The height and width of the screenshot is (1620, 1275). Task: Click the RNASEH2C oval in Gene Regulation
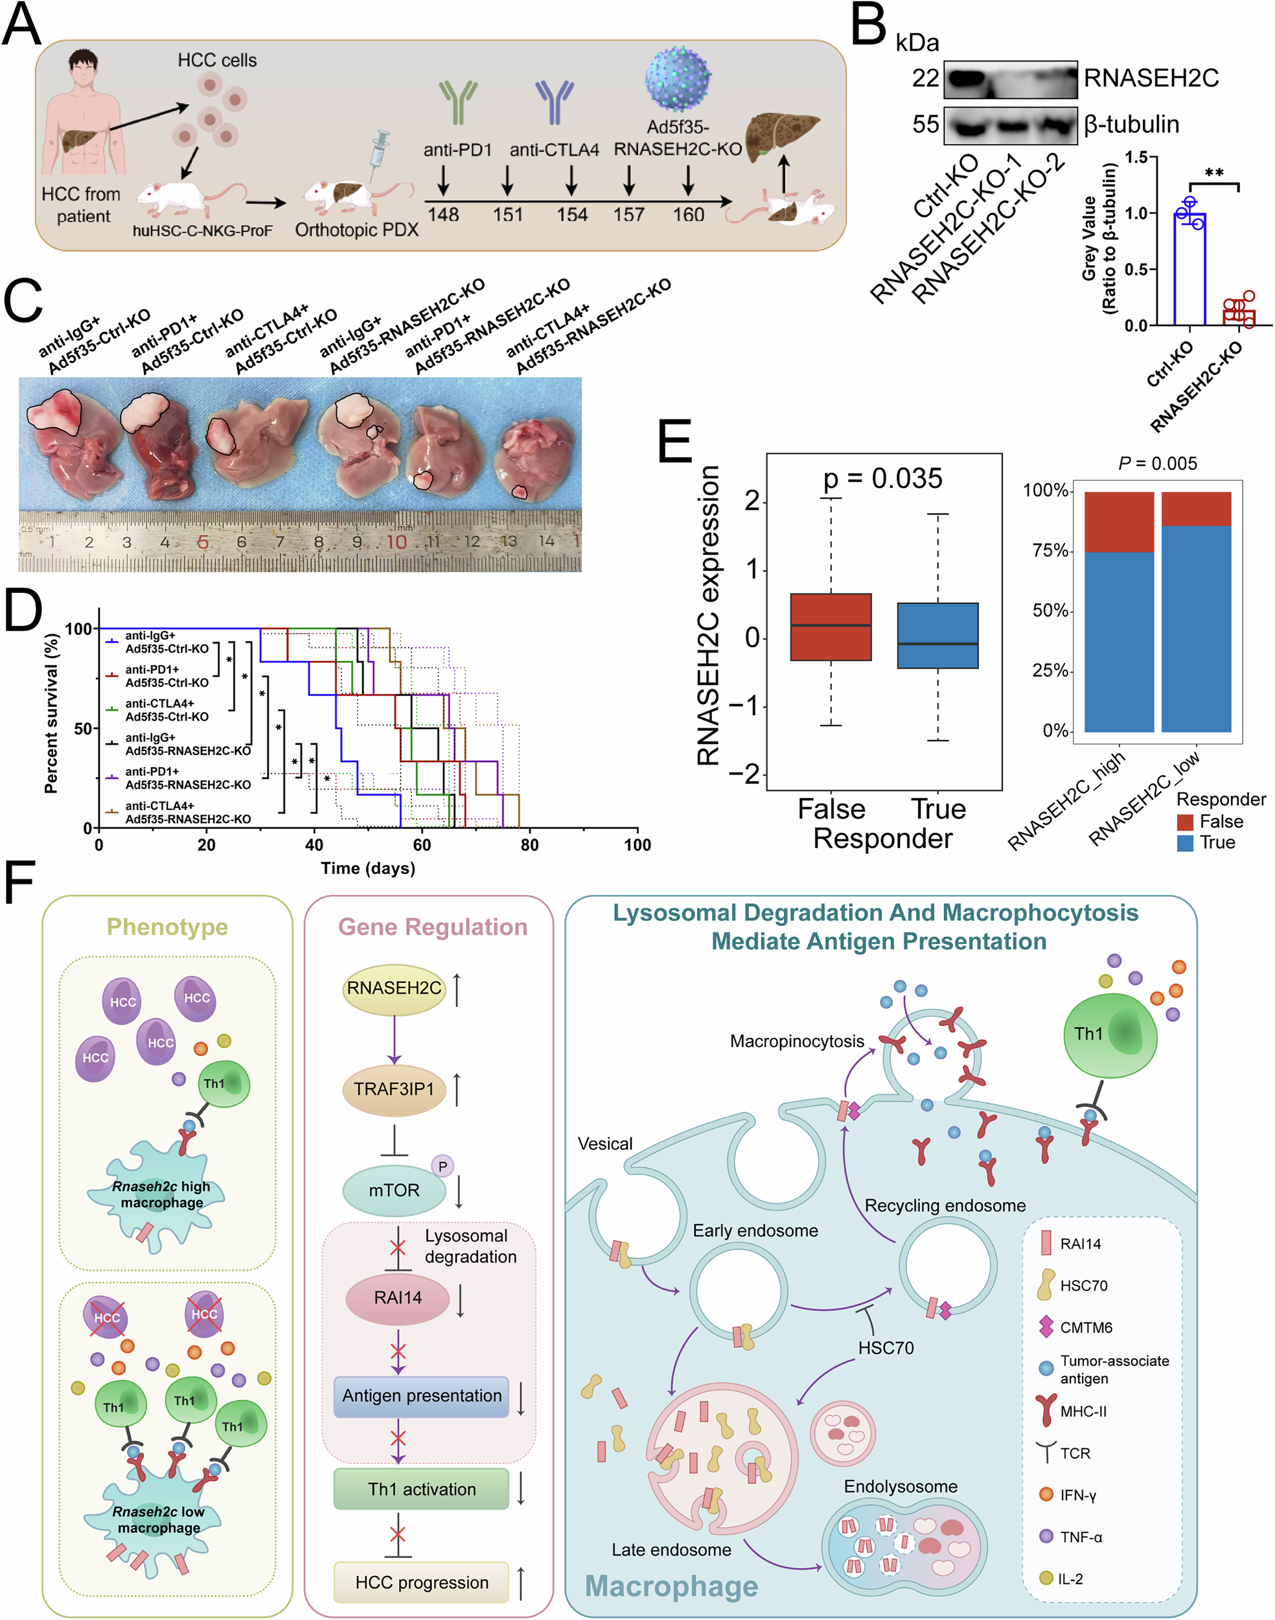click(394, 988)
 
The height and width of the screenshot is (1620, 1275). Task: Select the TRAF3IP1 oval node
click(394, 1089)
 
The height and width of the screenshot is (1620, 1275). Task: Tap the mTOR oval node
click(394, 1190)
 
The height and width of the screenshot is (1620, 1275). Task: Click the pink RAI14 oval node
click(398, 1297)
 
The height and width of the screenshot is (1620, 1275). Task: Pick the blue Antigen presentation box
click(422, 1396)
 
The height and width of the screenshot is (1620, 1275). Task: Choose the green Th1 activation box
click(422, 1489)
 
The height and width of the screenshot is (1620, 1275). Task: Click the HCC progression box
click(422, 1582)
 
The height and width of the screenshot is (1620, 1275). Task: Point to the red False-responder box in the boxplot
click(831, 627)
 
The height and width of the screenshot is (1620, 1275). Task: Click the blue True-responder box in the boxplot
click(937, 635)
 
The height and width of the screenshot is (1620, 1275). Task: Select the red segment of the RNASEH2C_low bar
click(1197, 509)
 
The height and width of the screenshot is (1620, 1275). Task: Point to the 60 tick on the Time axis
click(422, 845)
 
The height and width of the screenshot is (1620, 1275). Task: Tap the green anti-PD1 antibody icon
click(457, 101)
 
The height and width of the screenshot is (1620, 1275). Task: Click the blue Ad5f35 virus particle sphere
click(678, 80)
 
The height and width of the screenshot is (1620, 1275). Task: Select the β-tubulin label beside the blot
click(1132, 124)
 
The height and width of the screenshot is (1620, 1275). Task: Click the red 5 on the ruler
click(202, 542)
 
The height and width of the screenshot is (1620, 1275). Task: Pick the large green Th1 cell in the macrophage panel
click(1110, 1036)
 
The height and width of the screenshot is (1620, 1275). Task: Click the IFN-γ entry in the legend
click(1078, 1496)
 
